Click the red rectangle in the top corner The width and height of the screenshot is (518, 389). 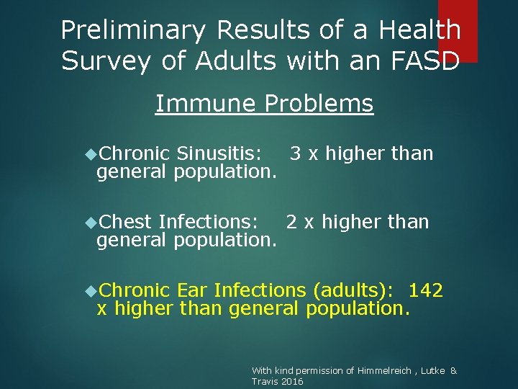(x=458, y=29)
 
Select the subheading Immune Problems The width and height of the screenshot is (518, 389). (x=264, y=104)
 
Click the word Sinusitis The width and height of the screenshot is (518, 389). (x=219, y=153)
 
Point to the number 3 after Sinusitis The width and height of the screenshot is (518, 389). (x=294, y=153)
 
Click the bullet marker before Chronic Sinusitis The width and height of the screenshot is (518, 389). (x=90, y=153)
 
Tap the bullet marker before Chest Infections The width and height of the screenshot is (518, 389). (x=90, y=222)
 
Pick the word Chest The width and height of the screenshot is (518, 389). (x=125, y=222)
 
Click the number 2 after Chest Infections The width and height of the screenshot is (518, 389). (x=291, y=222)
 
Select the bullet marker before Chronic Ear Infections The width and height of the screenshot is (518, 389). (x=90, y=290)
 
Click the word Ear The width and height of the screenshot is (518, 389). (x=192, y=290)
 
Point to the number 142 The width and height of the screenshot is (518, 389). (x=425, y=290)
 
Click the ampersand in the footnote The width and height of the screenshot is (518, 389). (x=453, y=371)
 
